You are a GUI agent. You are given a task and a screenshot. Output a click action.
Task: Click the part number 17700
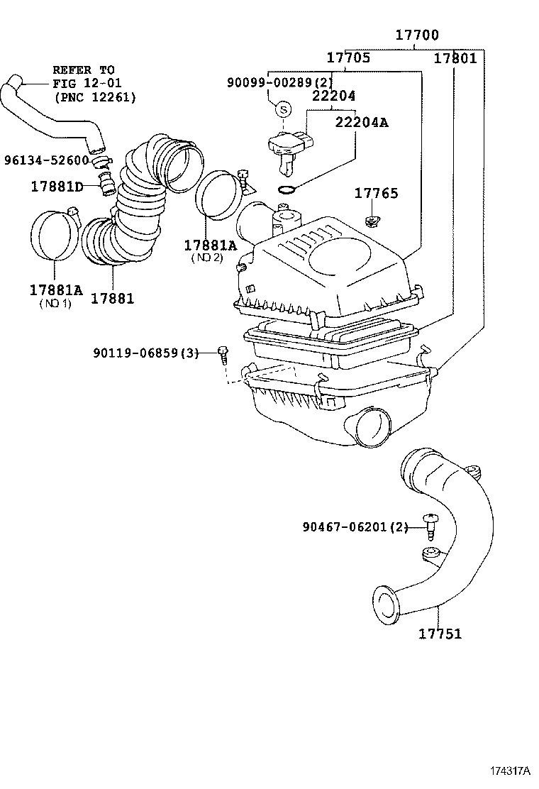click(x=416, y=35)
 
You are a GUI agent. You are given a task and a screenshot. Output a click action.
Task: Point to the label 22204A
click(x=362, y=121)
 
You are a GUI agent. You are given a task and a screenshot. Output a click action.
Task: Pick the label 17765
click(x=376, y=193)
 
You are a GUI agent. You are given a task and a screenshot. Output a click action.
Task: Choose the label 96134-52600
click(x=45, y=160)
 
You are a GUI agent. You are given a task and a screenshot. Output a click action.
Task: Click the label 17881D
click(x=57, y=187)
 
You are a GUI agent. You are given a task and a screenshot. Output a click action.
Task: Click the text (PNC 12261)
click(x=94, y=96)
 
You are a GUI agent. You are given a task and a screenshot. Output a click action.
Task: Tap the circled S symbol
click(x=282, y=109)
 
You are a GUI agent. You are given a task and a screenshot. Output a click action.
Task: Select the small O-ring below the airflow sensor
click(x=286, y=189)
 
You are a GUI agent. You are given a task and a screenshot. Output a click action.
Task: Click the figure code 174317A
click(x=509, y=770)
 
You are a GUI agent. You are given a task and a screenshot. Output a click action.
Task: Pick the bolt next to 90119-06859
click(x=223, y=353)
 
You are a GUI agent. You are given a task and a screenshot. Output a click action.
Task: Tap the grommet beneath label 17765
click(x=370, y=223)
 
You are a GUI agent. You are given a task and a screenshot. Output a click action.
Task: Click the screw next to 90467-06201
click(x=428, y=526)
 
